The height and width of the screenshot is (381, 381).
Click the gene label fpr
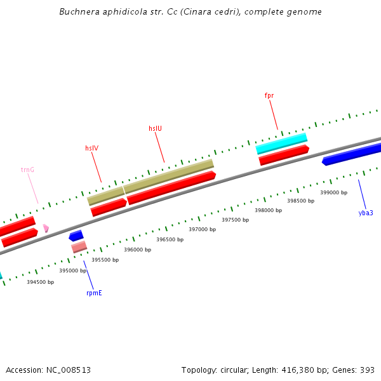269,95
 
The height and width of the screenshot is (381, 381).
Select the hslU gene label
155,128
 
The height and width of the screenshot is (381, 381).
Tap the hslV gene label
91,148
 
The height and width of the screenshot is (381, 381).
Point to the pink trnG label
27,170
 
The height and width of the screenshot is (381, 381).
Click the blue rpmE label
94,293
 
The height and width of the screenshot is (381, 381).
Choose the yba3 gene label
366,213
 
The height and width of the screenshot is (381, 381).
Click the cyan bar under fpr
281,143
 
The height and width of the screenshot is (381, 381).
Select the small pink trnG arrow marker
46,227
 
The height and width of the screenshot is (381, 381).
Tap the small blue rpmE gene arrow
76,236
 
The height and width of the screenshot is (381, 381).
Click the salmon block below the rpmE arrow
79,246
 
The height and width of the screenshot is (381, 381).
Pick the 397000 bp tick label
203,229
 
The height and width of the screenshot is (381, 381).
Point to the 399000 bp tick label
333,192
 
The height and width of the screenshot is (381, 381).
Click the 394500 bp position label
40,282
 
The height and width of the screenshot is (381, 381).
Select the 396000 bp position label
137,250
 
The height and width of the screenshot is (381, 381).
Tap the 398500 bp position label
300,201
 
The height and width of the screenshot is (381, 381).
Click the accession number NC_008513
67,370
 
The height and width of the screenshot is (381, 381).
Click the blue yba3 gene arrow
352,154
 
